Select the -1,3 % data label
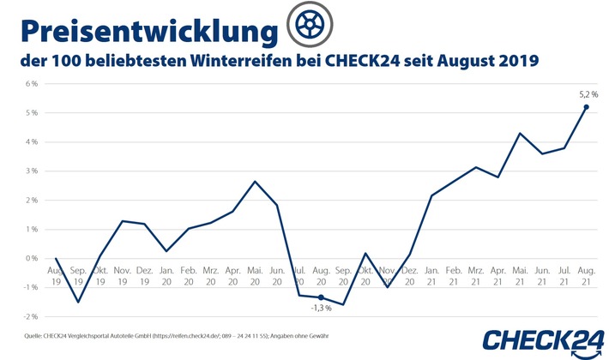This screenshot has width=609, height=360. (321, 308)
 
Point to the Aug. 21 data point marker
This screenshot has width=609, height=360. (586, 107)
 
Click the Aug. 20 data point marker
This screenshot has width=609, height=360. (321, 297)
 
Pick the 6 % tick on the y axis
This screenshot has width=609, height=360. (32, 84)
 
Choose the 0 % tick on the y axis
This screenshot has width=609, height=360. (32, 258)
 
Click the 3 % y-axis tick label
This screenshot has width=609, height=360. (32, 171)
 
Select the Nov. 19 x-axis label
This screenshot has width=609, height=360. (122, 275)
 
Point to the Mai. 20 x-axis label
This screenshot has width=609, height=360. (255, 275)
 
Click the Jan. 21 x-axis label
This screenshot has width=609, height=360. (431, 275)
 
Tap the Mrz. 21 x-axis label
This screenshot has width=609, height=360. (475, 275)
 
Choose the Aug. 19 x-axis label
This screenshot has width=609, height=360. (56, 275)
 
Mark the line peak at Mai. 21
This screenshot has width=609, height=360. (520, 133)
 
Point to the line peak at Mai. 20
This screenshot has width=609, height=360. (255, 182)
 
